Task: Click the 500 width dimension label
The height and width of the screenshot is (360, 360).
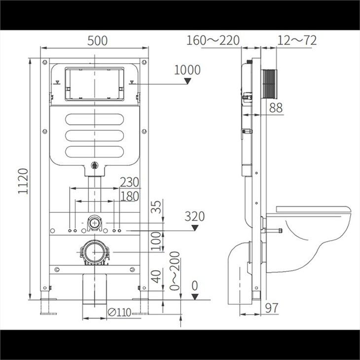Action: tap(97, 41)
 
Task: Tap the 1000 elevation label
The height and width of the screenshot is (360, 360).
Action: tap(187, 70)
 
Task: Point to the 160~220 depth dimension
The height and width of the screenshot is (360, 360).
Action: tap(213, 40)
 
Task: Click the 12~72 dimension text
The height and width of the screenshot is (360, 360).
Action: tap(296, 40)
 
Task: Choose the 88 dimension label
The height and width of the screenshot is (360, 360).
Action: tap(276, 108)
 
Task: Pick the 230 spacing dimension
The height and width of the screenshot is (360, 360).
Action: tap(129, 182)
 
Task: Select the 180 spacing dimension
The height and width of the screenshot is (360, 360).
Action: tap(129, 196)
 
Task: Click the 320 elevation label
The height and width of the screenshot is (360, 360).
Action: tap(194, 216)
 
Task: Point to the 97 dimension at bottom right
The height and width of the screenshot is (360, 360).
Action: tap(272, 308)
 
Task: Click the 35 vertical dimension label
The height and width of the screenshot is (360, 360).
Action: tap(157, 208)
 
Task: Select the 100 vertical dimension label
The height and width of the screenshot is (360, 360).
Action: tap(157, 241)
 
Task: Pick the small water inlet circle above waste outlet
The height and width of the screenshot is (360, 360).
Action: tap(94, 223)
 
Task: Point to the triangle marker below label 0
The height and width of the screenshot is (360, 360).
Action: tap(195, 297)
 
